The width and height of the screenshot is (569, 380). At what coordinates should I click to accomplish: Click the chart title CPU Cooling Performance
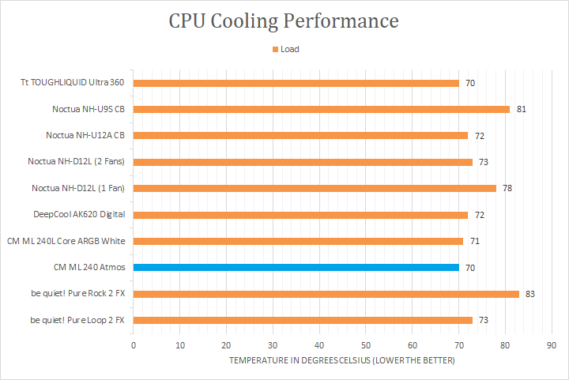(x=284, y=20)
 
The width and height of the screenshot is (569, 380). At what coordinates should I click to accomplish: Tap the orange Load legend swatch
(x=275, y=49)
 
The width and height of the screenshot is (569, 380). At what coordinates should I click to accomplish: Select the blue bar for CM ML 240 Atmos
(x=296, y=267)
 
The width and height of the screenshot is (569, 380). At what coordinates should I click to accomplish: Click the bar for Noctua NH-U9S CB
(x=321, y=109)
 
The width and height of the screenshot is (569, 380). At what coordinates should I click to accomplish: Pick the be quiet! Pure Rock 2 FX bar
(x=326, y=293)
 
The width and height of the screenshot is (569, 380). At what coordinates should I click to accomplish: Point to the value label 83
(x=529, y=294)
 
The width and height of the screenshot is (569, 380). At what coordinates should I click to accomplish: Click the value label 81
(x=521, y=109)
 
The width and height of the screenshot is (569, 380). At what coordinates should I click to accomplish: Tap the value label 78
(x=507, y=188)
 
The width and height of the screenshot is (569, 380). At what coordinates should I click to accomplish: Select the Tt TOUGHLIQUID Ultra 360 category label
(x=78, y=82)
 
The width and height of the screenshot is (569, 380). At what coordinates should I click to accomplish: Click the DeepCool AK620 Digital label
(x=79, y=214)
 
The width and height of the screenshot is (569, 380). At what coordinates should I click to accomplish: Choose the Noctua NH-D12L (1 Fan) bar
(x=315, y=188)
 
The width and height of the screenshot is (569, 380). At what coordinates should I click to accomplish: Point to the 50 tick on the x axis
(x=366, y=345)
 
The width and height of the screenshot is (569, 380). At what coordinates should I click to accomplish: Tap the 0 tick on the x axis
(x=134, y=345)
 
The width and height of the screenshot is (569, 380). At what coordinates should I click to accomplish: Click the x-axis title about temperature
(x=342, y=360)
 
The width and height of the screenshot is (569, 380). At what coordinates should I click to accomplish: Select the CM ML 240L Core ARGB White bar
(x=298, y=241)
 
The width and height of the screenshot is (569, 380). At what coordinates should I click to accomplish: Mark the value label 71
(x=474, y=241)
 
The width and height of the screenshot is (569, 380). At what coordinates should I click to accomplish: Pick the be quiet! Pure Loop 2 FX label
(x=78, y=320)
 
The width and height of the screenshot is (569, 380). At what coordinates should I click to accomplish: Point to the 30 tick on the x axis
(x=273, y=345)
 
